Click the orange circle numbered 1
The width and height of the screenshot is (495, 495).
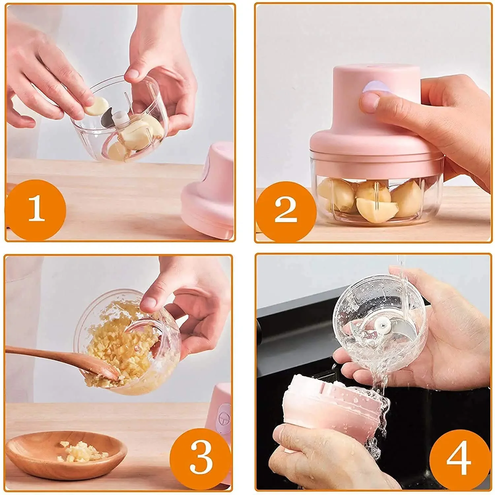tap(36, 209)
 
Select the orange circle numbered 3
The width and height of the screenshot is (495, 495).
tap(201, 459)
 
